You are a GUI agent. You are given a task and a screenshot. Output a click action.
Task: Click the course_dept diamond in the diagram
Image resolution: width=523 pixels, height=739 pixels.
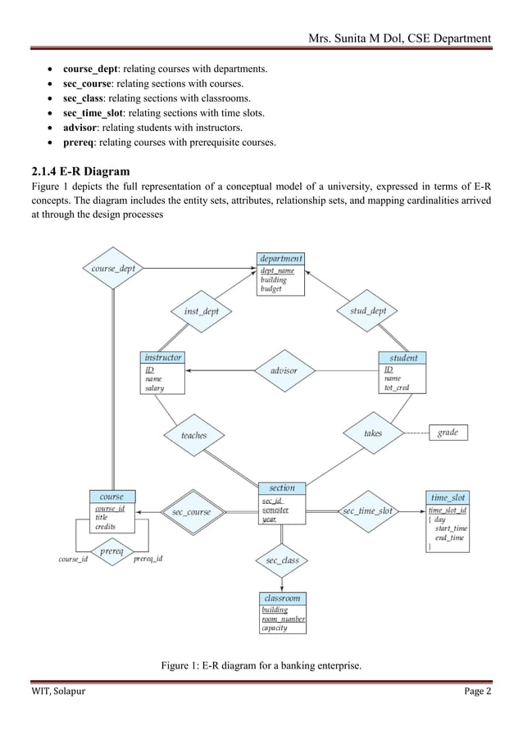click(113, 268)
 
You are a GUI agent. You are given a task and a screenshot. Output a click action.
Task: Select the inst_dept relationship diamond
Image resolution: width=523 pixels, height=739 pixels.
click(201, 311)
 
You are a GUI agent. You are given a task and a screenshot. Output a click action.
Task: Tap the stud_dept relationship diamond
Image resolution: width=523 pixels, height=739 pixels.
click(368, 311)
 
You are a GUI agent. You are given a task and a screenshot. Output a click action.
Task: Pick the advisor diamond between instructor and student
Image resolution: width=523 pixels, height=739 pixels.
click(283, 370)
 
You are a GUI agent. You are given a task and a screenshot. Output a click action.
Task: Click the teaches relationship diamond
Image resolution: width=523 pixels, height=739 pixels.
click(194, 435)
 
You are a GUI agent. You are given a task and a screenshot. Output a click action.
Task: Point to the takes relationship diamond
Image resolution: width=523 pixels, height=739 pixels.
click(373, 433)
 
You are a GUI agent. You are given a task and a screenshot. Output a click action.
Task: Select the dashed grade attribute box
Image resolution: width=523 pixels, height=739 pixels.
click(448, 433)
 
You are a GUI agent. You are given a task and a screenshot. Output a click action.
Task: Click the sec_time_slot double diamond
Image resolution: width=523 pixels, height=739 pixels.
click(367, 510)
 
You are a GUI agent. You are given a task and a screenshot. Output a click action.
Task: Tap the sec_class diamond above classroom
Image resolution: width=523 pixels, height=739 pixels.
click(283, 560)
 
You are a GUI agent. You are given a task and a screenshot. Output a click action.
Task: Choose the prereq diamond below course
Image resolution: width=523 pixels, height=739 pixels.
click(111, 552)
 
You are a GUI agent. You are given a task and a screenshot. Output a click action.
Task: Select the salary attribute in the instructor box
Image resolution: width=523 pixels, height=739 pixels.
click(154, 388)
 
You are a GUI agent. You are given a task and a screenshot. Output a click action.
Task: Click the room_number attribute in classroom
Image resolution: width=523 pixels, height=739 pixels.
click(283, 619)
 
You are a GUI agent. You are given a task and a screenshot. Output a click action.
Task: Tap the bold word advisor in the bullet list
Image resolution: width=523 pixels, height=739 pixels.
click(80, 129)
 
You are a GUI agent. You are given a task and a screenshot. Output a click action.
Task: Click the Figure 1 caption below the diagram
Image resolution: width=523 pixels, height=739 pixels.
click(261, 664)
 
